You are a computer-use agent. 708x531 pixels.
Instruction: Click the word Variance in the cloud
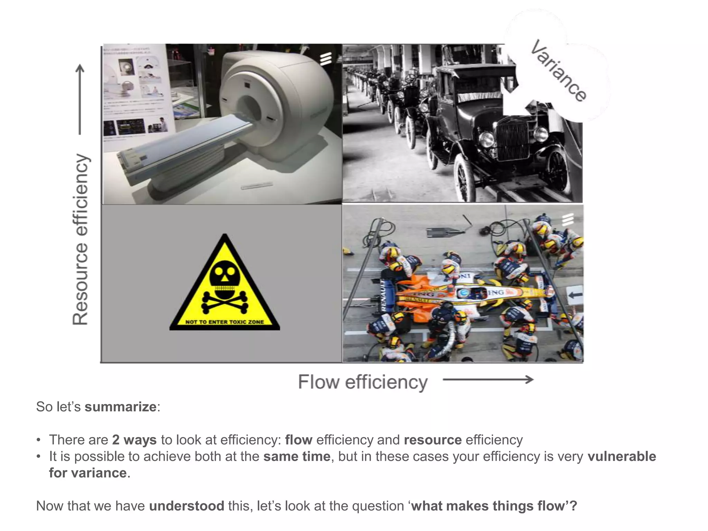(x=558, y=71)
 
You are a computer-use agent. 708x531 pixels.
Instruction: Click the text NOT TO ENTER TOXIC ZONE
(x=224, y=322)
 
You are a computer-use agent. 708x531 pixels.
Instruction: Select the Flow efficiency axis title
(x=363, y=382)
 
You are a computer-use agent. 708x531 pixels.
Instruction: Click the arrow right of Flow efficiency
(x=488, y=380)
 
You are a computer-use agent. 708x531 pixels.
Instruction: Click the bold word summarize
(x=120, y=407)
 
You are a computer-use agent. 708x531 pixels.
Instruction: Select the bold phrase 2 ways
(x=134, y=440)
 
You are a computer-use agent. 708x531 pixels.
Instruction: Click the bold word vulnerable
(x=621, y=456)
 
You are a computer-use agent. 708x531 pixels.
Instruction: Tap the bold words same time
(x=297, y=456)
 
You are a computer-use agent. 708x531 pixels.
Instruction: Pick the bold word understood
(x=187, y=506)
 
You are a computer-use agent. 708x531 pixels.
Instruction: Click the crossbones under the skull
(x=225, y=302)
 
